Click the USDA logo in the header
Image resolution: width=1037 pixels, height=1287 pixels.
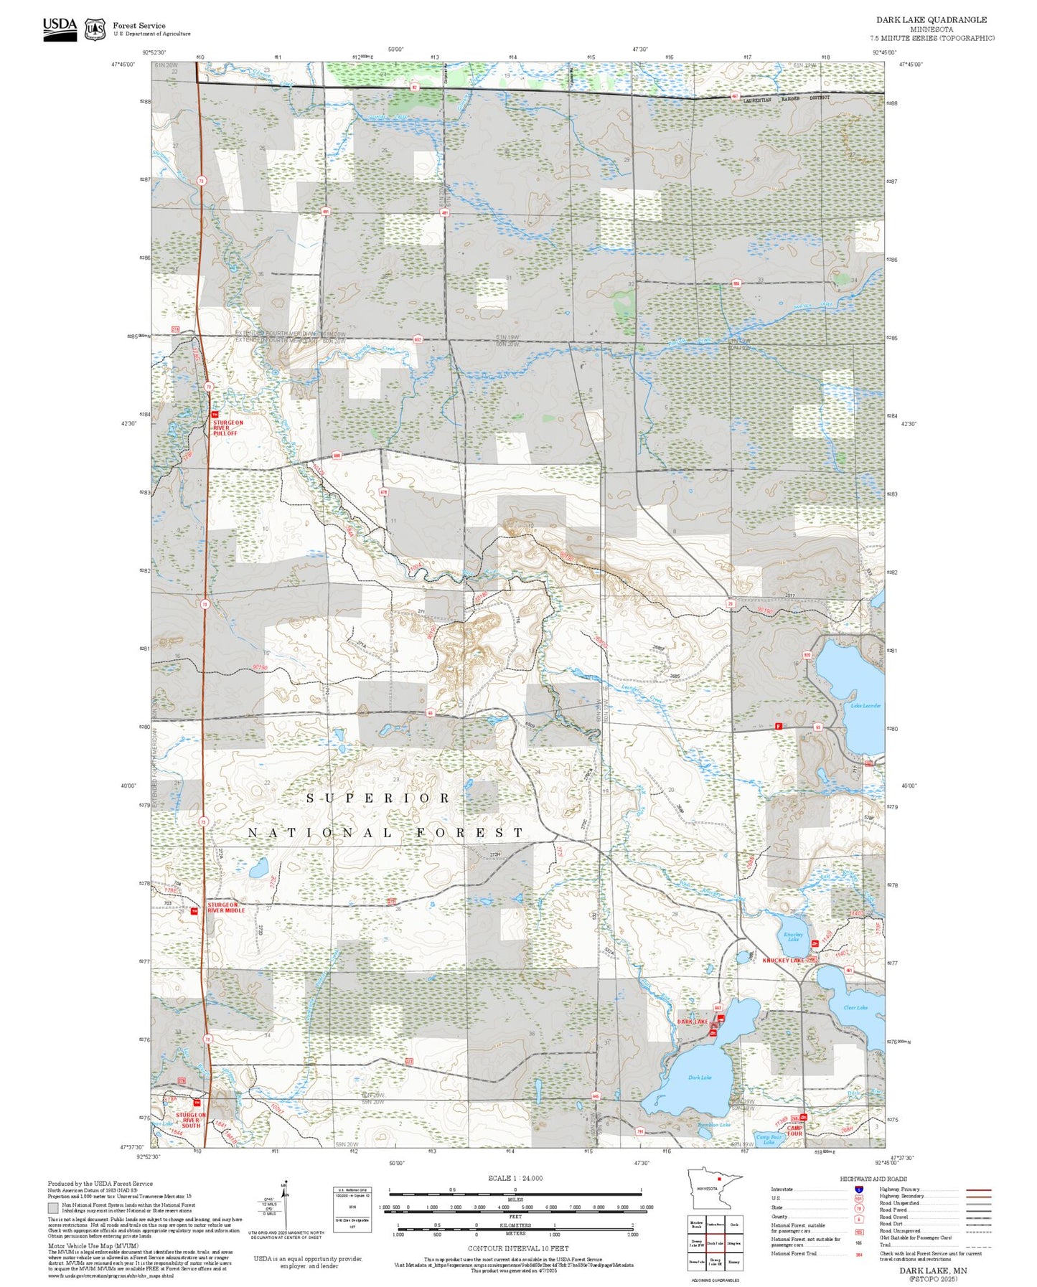pos(60,29)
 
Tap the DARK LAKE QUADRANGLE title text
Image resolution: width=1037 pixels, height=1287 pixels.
pos(931,20)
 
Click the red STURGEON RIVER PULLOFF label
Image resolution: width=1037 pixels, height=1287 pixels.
pos(227,428)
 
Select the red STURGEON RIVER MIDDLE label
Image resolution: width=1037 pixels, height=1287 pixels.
pos(226,907)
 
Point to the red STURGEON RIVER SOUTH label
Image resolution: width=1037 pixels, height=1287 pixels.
pos(191,1120)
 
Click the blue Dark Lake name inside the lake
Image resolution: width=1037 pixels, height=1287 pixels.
pos(699,1078)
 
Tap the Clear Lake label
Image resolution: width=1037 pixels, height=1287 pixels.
pos(855,1007)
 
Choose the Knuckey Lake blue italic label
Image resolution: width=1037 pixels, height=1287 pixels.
pos(792,937)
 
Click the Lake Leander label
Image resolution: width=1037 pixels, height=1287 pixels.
pos(865,706)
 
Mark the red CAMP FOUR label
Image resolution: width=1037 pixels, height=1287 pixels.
pos(794,1131)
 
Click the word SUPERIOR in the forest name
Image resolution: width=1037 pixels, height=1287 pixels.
pos(378,798)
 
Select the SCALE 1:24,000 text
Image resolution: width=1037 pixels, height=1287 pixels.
pos(515,1178)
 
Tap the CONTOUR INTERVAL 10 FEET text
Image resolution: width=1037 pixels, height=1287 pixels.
pos(517,1248)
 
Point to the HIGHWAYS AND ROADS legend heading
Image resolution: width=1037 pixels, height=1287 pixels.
pos(873,1179)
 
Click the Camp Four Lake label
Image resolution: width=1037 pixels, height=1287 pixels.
pos(769,1139)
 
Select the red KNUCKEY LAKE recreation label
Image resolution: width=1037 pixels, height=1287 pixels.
pos(784,960)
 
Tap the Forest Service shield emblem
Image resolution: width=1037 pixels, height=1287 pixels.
pos(95,29)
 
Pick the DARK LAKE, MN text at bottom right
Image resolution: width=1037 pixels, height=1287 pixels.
pos(933,1270)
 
